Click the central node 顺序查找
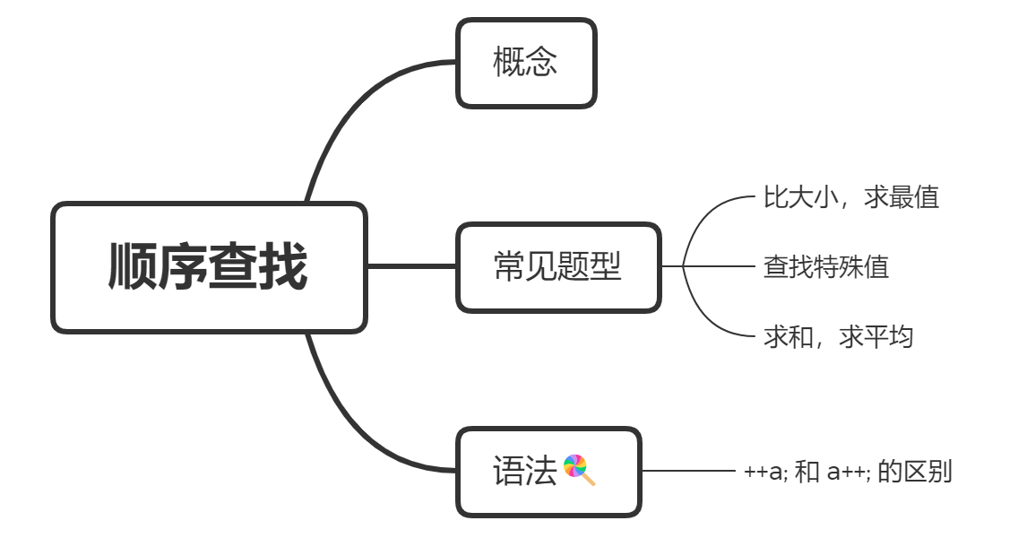point(209,267)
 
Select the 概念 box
point(526,63)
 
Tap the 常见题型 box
point(557,266)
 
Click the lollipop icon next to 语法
point(579,470)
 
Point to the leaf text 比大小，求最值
point(850,197)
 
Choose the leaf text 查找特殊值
point(825,266)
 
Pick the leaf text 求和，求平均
point(838,336)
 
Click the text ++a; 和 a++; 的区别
point(847,471)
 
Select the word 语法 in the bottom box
point(525,471)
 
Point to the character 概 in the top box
point(509,63)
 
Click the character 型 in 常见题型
point(606,266)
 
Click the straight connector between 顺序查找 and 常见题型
point(411,266)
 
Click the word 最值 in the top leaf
point(914,197)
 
